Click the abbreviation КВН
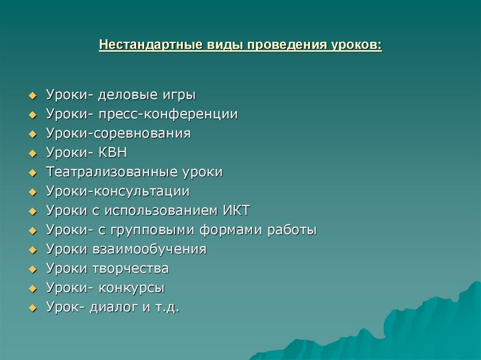pyautogui.click(x=113, y=153)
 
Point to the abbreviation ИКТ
pyautogui.click(x=235, y=211)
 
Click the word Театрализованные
pyautogui.click(x=110, y=172)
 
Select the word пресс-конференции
pyautogui.click(x=168, y=115)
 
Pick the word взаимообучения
pyautogui.click(x=147, y=249)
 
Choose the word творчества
pyautogui.click(x=128, y=268)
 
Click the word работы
pyautogui.click(x=292, y=230)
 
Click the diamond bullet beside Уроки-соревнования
pyautogui.click(x=32, y=134)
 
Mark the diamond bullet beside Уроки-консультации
pyautogui.click(x=32, y=192)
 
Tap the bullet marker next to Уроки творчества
pyautogui.click(x=32, y=269)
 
